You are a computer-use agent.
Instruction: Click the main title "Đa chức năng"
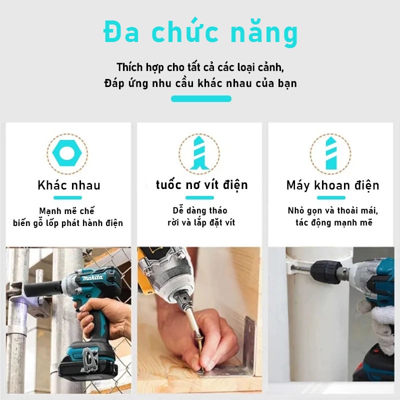coord(200,32)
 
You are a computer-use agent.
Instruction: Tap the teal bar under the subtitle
coord(201,98)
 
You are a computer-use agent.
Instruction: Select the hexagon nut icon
coord(67,153)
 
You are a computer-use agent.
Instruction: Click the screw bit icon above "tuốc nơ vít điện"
coord(199,153)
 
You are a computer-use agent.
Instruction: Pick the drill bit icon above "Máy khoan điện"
coord(331,153)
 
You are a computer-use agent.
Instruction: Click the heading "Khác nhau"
coord(69,185)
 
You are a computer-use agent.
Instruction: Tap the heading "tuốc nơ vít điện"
coord(201,185)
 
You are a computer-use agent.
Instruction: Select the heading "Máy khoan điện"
coord(332,185)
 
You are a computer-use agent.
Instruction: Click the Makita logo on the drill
coord(92,277)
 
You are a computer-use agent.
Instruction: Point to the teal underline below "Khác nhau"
coord(67,197)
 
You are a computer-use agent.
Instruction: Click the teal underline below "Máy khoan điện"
coord(331,197)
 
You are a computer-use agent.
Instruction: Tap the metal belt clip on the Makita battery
coord(90,360)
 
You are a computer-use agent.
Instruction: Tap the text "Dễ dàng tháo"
coord(200,210)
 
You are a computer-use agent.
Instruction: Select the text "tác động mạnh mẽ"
coord(334,222)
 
